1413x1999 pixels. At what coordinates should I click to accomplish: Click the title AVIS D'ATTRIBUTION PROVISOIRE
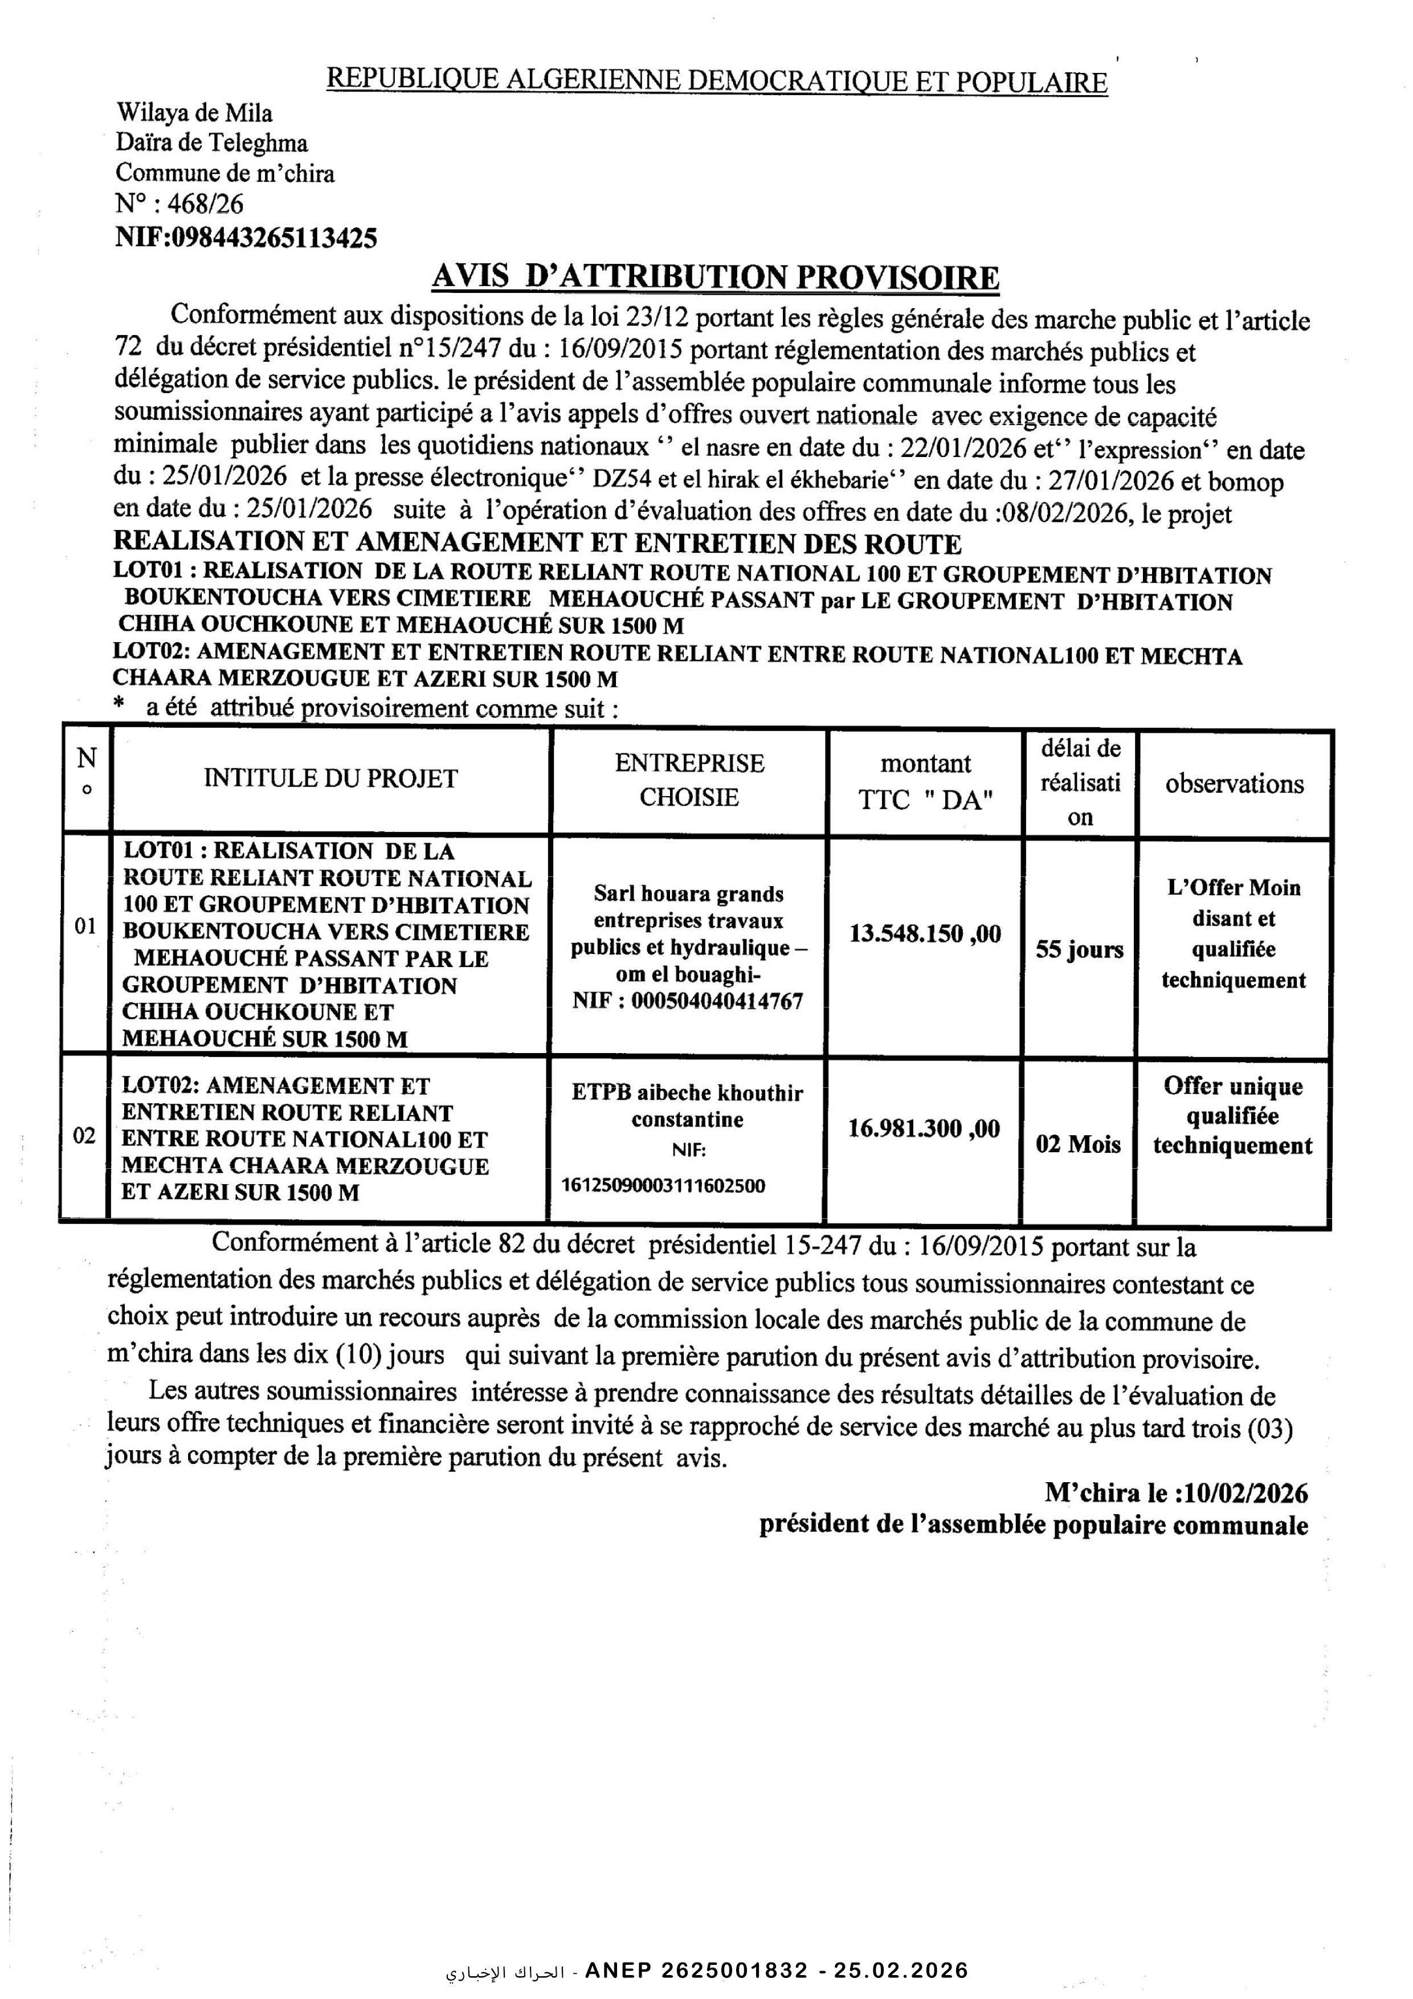pyautogui.click(x=715, y=278)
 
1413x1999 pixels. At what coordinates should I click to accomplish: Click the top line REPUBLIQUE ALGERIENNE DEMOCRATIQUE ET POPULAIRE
pyautogui.click(x=717, y=81)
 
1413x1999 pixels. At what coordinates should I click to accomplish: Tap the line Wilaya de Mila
pyautogui.click(x=194, y=113)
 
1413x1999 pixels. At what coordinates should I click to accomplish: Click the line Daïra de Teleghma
pyautogui.click(x=211, y=143)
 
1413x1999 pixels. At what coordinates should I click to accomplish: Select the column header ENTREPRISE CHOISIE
pyautogui.click(x=689, y=780)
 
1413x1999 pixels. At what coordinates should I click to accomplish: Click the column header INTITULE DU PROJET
pyautogui.click(x=331, y=778)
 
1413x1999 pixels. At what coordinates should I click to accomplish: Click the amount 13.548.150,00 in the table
pyautogui.click(x=925, y=934)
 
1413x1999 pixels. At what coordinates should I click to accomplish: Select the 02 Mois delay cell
pyautogui.click(x=1078, y=1144)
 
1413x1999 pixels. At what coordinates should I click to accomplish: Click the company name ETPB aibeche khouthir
pyautogui.click(x=687, y=1092)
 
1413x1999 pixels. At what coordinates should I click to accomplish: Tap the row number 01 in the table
pyautogui.click(x=84, y=927)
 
